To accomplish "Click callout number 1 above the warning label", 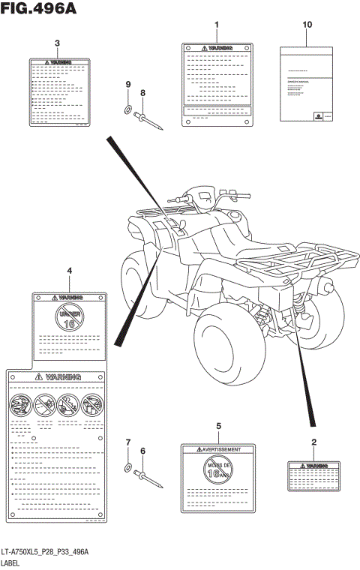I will tap(217, 25).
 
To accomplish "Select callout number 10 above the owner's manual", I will tap(307, 25).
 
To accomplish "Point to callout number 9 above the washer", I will tap(128, 84).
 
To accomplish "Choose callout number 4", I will tap(69, 270).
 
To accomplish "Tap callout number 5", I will tap(218, 426).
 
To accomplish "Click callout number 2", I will tap(313, 442).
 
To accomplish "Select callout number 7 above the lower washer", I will tap(128, 442).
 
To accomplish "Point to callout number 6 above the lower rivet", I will tap(143, 451).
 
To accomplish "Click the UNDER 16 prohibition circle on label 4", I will tap(69, 318).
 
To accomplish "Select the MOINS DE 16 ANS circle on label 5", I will tap(218, 472).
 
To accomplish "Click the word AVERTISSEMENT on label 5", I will tap(222, 449).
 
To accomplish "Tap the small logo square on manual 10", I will tap(319, 116).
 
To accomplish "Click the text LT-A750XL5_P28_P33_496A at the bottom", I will tap(45, 552).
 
